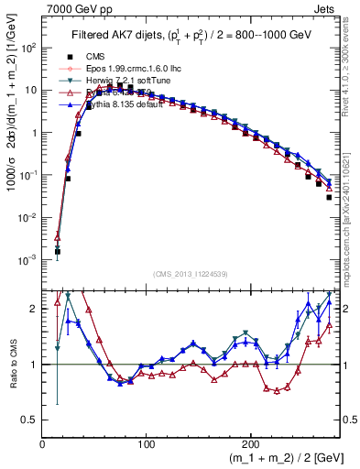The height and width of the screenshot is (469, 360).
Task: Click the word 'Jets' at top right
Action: (326, 9)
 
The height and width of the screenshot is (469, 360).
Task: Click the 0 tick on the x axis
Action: (42, 443)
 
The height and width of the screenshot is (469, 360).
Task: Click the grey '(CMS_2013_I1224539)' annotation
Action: (190, 274)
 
